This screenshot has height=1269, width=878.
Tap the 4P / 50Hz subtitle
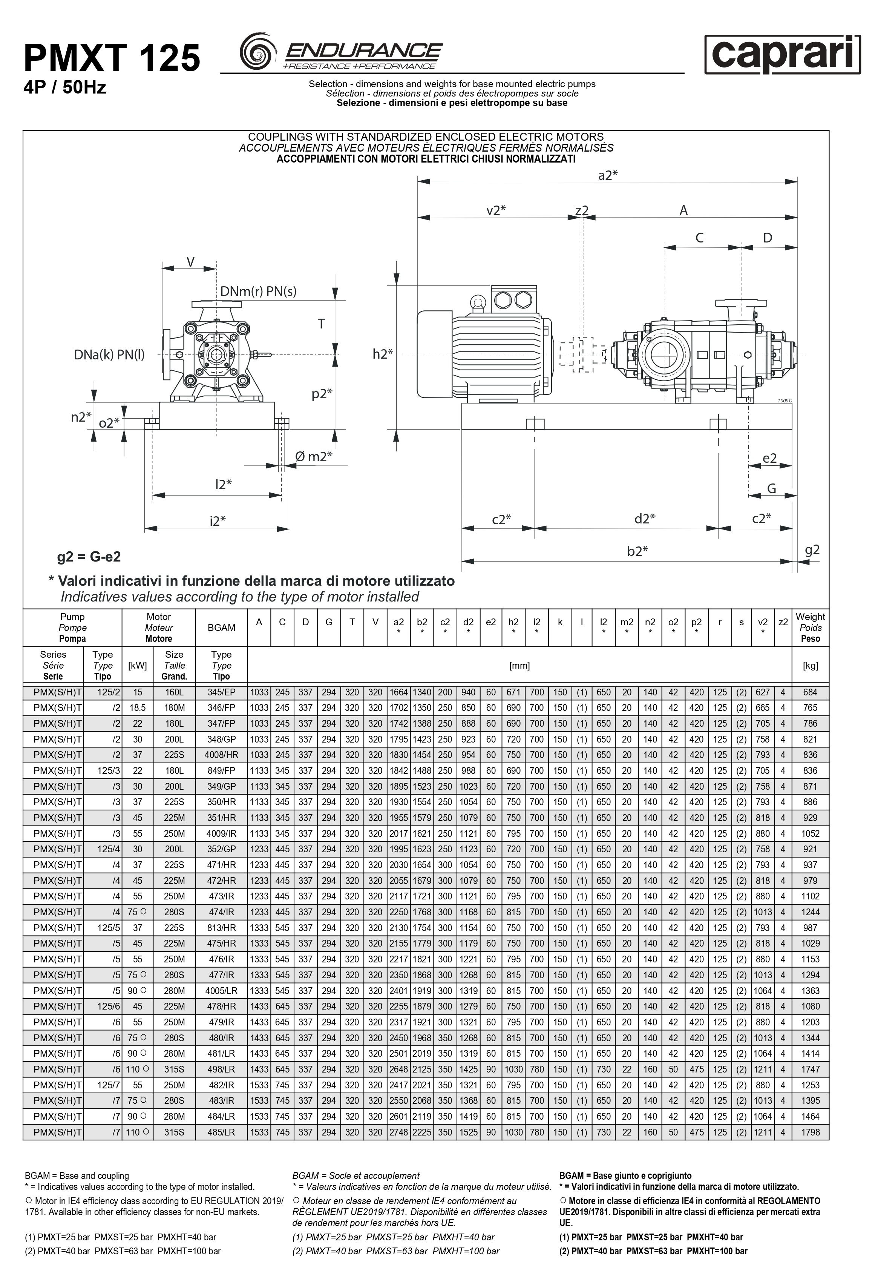pos(64,87)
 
